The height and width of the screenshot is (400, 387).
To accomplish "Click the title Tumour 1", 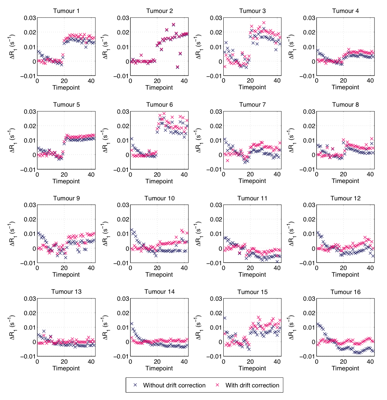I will coord(66,11).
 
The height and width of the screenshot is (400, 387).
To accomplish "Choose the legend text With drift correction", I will coord(252,385).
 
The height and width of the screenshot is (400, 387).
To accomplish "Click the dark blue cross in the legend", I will coord(136,385).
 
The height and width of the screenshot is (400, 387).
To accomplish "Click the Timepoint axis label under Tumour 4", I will coord(345,87).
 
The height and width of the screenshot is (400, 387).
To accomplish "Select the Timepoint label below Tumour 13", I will coord(66,369).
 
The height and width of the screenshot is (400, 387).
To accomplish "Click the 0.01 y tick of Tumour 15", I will coord(215,328).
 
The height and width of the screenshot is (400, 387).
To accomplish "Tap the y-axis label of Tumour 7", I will coord(197,140).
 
